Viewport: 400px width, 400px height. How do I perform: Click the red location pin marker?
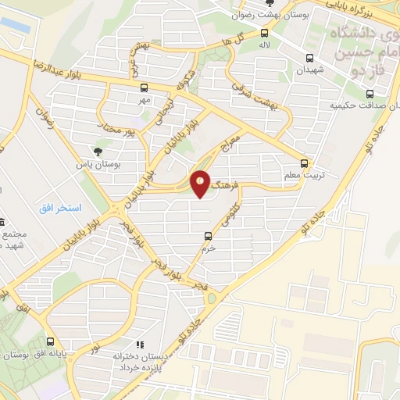201,184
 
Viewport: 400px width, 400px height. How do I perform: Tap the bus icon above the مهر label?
144,88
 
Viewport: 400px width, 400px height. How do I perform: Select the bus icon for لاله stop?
265,33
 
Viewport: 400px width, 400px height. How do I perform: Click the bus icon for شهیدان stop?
310,58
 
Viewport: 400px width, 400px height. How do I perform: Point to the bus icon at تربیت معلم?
305,164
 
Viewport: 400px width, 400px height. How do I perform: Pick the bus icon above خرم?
208,235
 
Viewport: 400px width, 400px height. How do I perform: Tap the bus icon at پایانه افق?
51,341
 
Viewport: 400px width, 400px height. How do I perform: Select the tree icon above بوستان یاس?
98,152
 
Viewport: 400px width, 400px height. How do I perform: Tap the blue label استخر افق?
60,210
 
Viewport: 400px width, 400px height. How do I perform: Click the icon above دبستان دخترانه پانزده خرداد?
141,344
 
